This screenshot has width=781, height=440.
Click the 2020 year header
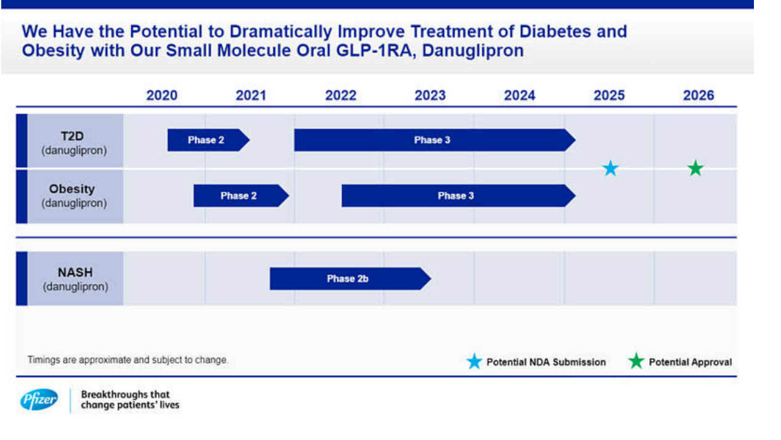(x=161, y=96)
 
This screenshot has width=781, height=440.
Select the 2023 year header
(x=430, y=96)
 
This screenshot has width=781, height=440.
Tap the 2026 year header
(x=698, y=96)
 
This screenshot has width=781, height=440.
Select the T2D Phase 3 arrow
(x=433, y=140)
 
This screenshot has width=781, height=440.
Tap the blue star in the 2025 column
(x=610, y=168)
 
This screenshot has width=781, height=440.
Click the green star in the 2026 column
(x=695, y=168)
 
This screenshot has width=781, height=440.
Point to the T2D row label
(x=74, y=142)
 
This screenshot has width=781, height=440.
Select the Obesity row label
(x=74, y=195)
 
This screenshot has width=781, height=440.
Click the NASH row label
(x=75, y=279)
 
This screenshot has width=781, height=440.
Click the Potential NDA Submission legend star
(x=474, y=362)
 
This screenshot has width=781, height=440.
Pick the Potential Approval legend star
(x=636, y=362)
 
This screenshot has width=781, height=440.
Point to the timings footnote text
(x=127, y=360)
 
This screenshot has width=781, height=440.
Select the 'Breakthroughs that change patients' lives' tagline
(x=130, y=399)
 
